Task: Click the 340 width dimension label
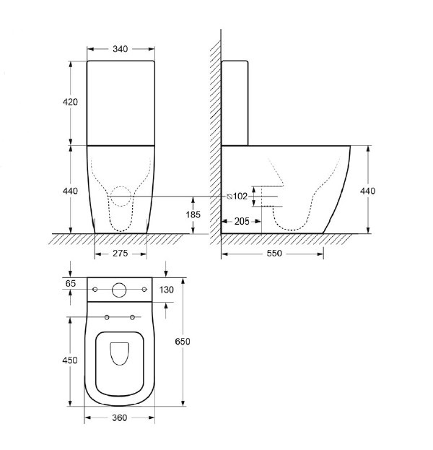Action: tap(120, 49)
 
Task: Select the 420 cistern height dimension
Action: tap(70, 102)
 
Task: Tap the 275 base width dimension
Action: tap(120, 254)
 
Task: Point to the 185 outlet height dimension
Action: tap(193, 215)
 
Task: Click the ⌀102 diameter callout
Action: tap(237, 196)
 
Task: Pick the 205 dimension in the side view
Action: tap(242, 221)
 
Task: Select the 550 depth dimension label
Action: tap(274, 253)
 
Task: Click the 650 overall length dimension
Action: tap(183, 342)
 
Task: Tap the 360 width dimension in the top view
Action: tap(120, 417)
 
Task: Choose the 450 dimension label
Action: tap(70, 360)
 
